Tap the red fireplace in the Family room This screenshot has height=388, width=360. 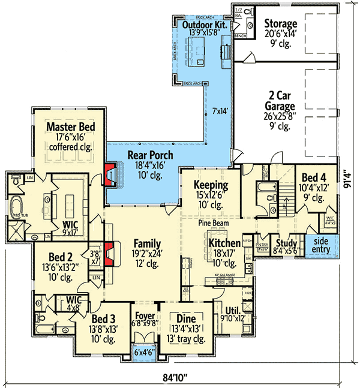click(110, 253)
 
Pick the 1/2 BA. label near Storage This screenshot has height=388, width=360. click(238, 13)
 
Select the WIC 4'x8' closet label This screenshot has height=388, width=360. click(74, 302)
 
